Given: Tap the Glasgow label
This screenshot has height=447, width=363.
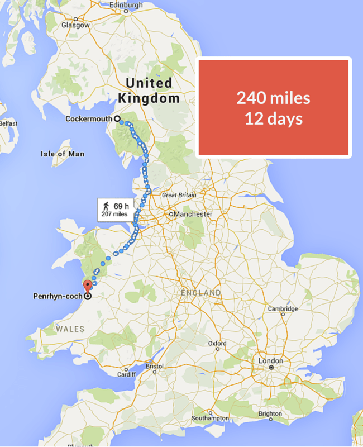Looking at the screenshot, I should [x=76, y=25].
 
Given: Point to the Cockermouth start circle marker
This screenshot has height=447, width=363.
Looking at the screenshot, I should [x=117, y=118].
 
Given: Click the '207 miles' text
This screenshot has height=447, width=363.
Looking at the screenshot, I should [x=114, y=214].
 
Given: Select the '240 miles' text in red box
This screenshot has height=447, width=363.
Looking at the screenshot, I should [x=273, y=98].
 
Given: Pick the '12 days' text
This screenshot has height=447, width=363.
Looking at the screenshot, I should [x=273, y=118].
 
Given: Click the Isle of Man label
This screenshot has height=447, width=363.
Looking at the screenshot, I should [x=63, y=154].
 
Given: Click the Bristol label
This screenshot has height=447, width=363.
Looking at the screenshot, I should [x=155, y=366].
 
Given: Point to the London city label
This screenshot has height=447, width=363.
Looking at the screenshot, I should [x=271, y=361].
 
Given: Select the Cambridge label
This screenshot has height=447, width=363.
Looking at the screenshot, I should [x=283, y=308].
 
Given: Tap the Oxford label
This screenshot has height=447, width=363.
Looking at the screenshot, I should [x=217, y=343].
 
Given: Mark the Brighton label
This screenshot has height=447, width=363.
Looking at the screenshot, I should [x=270, y=414].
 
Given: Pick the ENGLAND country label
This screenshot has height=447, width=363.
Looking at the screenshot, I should [x=201, y=293].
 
